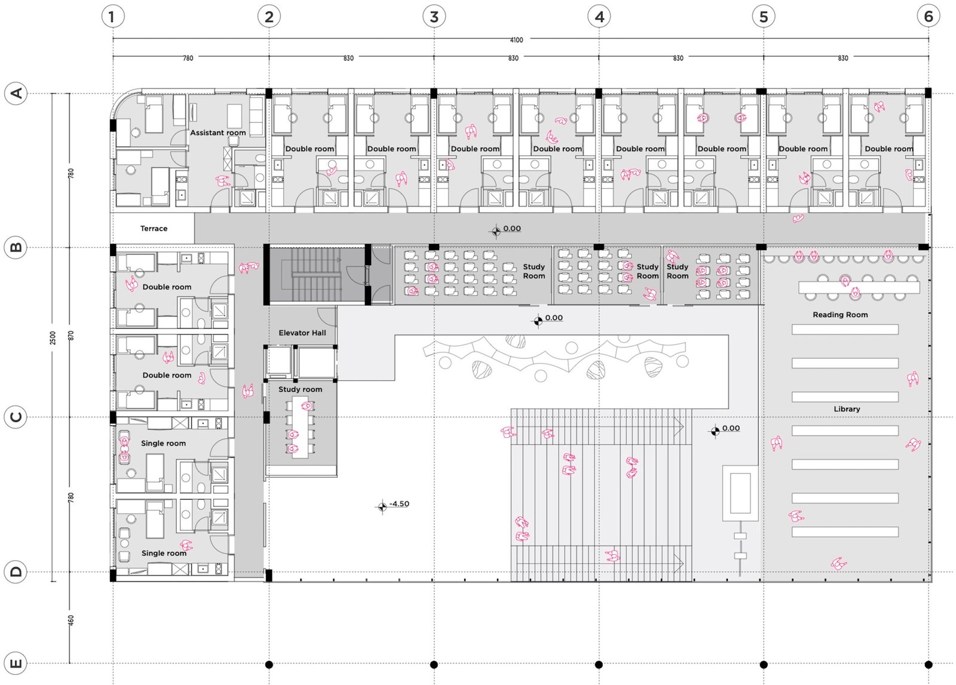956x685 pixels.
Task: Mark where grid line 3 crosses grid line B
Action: (434, 247)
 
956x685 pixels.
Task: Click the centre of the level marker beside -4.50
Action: (382, 506)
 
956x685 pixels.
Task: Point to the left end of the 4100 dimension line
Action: (113, 39)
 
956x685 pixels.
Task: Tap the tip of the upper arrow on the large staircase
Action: (684, 426)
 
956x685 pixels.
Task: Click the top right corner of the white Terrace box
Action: (194, 213)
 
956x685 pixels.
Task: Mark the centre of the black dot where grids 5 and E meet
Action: (764, 665)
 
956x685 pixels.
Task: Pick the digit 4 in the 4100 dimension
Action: (512, 40)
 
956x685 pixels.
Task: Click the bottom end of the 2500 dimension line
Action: (53, 581)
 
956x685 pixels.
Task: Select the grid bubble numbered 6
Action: (929, 17)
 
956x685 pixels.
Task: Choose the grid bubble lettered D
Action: (16, 572)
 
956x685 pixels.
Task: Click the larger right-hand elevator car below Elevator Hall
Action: (316, 363)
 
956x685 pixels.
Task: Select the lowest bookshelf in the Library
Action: (845, 532)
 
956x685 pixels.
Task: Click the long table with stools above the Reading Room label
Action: (859, 287)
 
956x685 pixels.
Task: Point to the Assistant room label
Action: (217, 133)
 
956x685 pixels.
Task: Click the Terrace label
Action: (154, 228)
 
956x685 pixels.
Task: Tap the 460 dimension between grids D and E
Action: (71, 621)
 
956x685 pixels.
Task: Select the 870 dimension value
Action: (71, 336)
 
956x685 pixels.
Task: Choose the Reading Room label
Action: (840, 315)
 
